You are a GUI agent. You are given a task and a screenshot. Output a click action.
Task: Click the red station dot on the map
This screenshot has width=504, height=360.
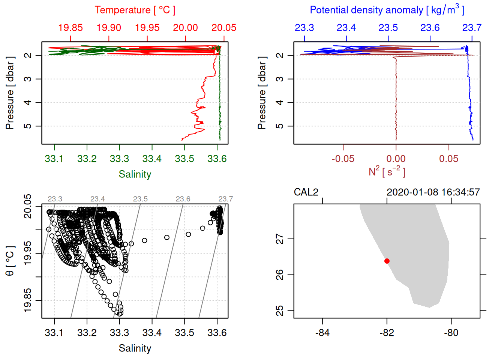[387, 261]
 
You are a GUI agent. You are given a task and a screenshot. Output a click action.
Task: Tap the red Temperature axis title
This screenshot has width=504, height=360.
[135, 10]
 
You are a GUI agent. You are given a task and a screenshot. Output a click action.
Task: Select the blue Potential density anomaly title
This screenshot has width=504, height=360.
[387, 10]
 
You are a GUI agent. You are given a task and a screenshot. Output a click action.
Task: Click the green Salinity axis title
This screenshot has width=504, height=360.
[135, 174]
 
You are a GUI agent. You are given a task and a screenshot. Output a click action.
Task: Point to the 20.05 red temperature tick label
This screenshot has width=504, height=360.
[224, 28]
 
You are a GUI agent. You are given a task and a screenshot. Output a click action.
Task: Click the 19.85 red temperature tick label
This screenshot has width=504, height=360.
[70, 28]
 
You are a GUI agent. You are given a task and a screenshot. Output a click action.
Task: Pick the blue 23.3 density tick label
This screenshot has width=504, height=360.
[304, 28]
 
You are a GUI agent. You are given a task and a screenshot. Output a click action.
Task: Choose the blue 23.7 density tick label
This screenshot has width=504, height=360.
[471, 28]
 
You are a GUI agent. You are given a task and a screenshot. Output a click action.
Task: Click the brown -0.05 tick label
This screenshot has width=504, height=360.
[343, 159]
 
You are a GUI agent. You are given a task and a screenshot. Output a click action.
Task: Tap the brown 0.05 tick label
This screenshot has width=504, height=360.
[449, 159]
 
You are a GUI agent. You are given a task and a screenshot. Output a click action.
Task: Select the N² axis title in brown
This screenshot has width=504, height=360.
[387, 172]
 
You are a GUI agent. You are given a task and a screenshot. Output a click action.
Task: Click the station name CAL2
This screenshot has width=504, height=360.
[306, 192]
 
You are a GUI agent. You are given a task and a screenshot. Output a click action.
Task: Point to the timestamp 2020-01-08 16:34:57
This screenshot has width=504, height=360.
[433, 192]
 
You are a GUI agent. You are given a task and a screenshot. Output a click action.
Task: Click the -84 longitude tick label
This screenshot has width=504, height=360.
[322, 333]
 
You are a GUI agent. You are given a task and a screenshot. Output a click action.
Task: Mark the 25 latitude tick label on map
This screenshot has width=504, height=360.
[280, 311]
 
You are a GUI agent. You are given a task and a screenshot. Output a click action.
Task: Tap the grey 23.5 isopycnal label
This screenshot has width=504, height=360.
[140, 199]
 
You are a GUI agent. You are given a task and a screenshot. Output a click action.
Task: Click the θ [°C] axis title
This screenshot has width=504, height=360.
[10, 261]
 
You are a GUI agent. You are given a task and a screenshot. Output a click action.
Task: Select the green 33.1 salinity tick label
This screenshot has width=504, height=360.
[54, 159]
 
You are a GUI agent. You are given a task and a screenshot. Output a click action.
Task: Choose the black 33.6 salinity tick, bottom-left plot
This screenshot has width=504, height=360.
[217, 333]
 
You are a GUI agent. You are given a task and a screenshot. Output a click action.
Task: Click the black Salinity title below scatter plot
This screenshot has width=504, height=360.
[135, 348]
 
